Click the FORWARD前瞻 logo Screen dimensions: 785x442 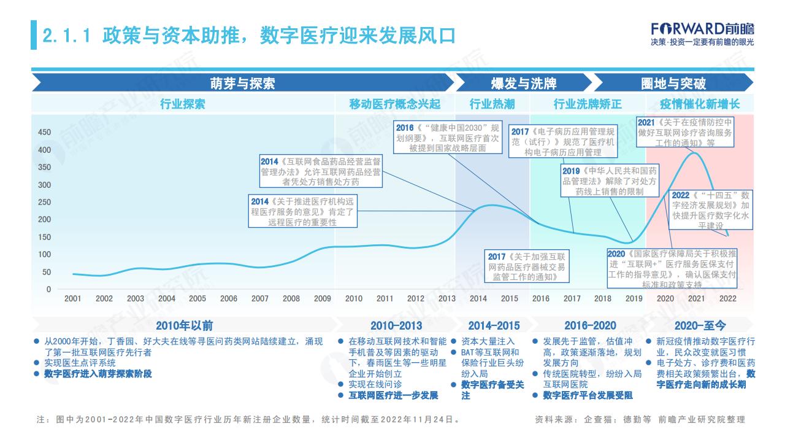702,34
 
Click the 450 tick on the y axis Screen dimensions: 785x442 45,132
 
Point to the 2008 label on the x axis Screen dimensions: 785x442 291,298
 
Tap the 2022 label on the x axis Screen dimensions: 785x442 727,298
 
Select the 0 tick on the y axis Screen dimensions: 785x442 48,289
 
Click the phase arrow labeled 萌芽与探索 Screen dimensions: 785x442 243,83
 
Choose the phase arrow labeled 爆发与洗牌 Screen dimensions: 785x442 524,83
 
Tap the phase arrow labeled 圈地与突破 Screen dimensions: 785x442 673,83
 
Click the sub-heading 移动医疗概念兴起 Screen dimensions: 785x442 395,104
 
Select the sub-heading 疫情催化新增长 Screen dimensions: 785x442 700,104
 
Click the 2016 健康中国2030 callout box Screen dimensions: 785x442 448,138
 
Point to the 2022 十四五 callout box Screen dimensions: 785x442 711,210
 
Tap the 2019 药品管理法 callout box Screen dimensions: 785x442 610,180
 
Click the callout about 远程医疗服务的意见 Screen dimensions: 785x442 303,211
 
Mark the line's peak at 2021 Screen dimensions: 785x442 694,153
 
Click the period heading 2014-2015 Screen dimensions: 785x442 494,325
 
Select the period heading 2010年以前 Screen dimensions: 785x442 185,325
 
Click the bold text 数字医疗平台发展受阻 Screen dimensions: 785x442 588,395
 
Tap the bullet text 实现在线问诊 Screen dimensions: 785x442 375,384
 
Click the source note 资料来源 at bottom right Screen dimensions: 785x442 640,419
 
